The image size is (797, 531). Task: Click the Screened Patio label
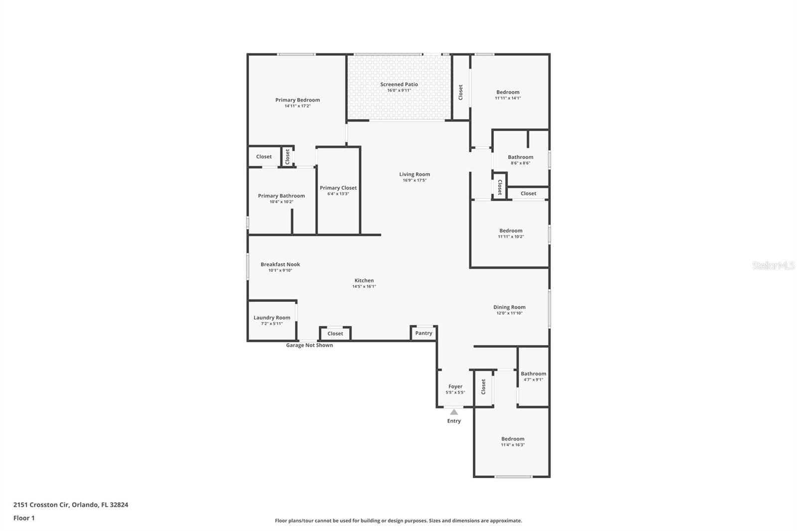click(x=399, y=84)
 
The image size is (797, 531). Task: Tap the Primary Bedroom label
click(x=297, y=100)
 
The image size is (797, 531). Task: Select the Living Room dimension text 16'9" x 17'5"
click(x=414, y=180)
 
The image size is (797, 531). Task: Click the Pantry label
click(x=424, y=333)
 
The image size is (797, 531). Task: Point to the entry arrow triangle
click(x=454, y=412)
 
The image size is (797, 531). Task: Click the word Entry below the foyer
click(x=454, y=421)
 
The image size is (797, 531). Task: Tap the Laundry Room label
click(x=271, y=317)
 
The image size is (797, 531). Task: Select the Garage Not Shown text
click(x=309, y=345)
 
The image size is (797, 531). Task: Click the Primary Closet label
click(x=338, y=188)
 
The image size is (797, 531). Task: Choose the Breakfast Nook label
click(x=280, y=265)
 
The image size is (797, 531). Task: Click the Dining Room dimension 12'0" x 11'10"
click(x=509, y=313)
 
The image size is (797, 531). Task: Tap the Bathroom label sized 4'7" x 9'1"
click(x=533, y=374)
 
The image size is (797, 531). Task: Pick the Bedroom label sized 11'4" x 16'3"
click(x=513, y=439)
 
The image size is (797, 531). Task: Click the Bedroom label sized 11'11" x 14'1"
click(x=508, y=92)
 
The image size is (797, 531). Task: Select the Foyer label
click(x=455, y=386)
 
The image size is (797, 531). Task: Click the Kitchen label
click(x=364, y=280)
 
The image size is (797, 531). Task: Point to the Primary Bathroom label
click(x=281, y=196)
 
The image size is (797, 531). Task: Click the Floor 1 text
click(x=24, y=518)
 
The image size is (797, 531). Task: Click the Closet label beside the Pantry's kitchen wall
click(x=335, y=334)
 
